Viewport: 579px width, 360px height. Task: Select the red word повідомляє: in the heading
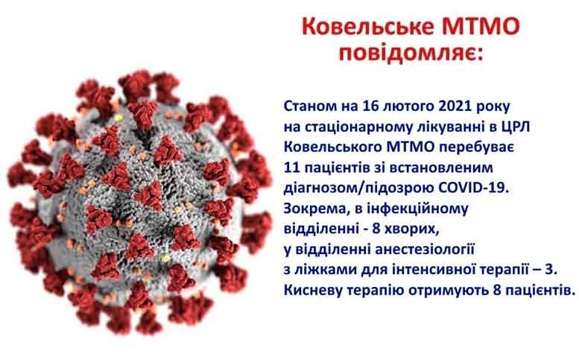click(411, 53)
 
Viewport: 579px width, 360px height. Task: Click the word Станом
click(308, 107)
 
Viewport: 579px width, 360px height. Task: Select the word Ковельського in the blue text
click(332, 148)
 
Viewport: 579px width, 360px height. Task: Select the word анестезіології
click(425, 250)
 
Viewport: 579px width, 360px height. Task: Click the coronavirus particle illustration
click(139, 202)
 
